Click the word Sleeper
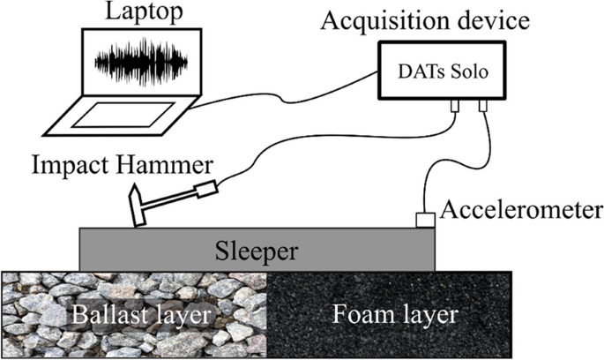pyautogui.click(x=256, y=252)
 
